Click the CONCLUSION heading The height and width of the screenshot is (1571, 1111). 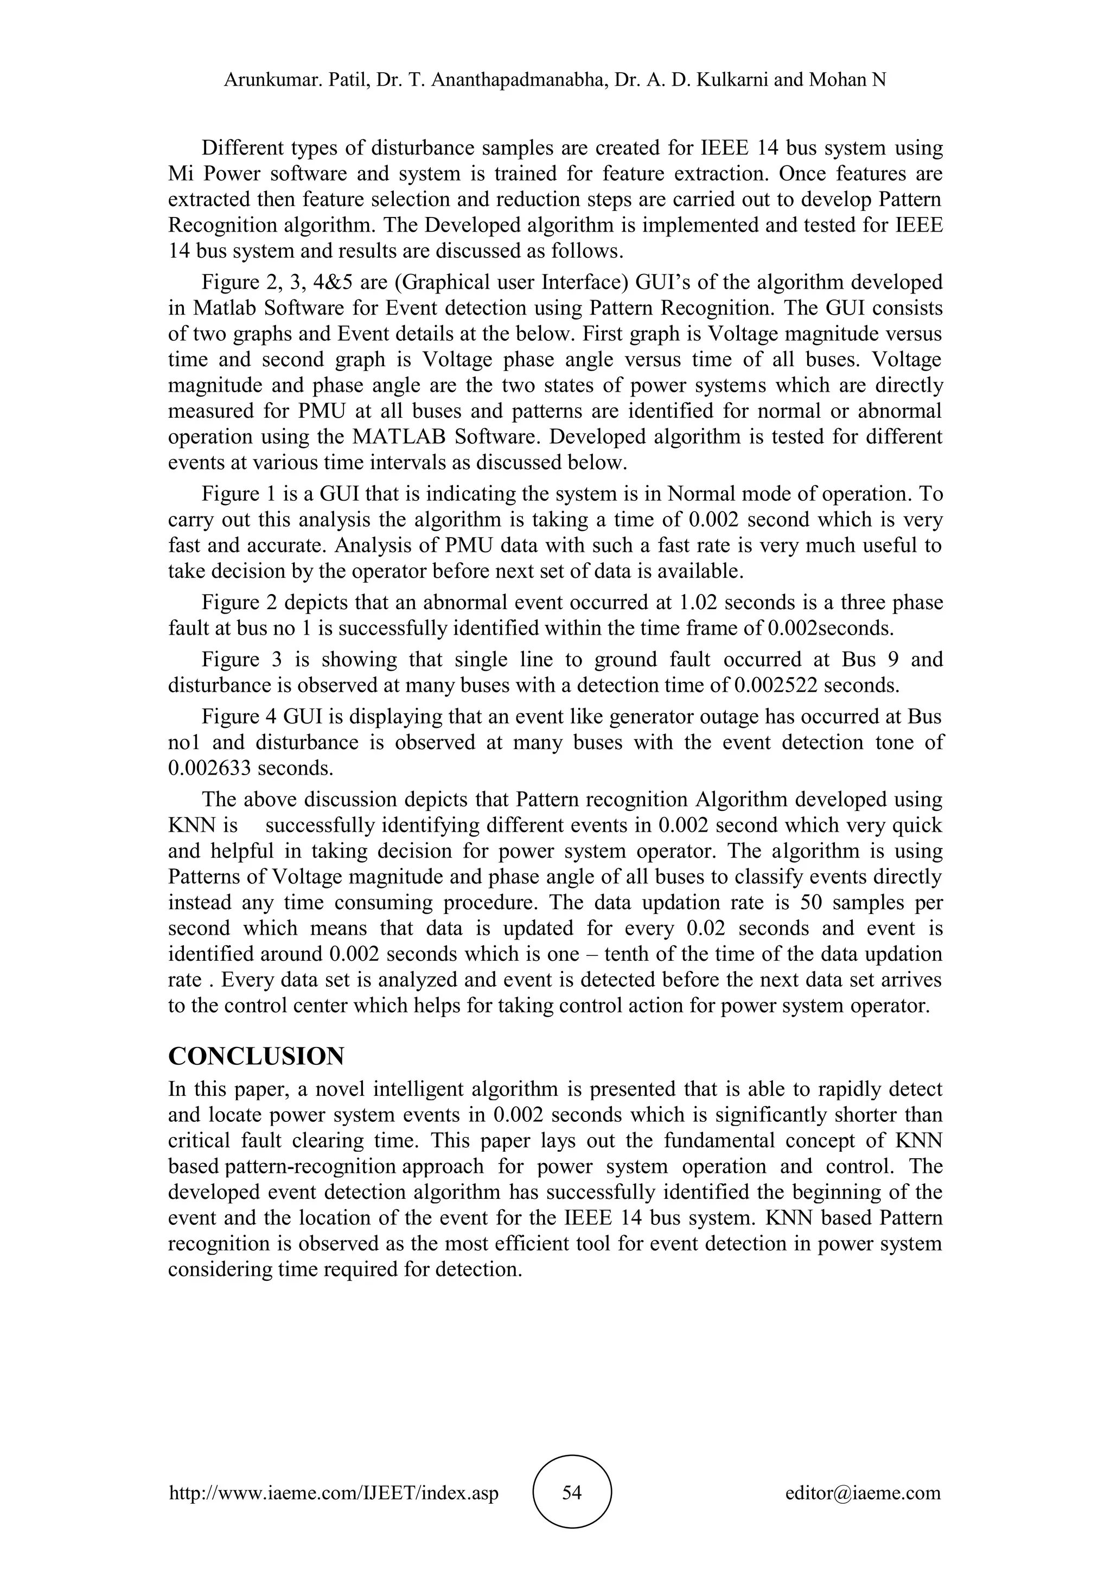[x=256, y=1056]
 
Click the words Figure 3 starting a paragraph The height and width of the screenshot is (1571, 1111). [x=239, y=660]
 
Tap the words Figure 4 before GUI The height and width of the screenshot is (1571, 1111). [x=239, y=717]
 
